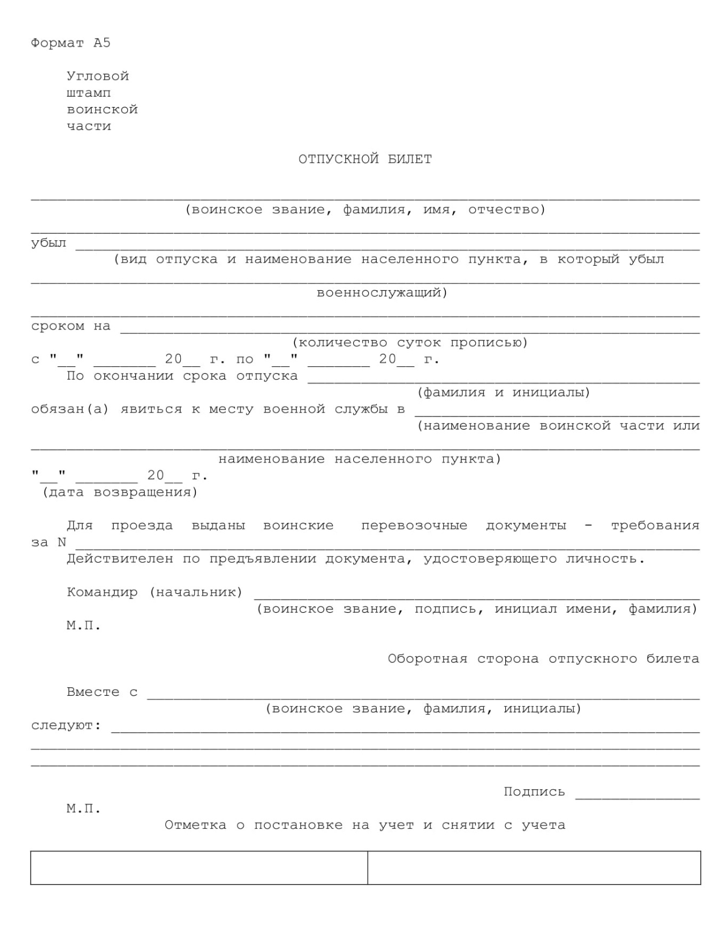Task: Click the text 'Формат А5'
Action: pos(70,43)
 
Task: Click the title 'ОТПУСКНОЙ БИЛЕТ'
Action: pos(365,160)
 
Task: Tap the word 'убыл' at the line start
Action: pos(48,243)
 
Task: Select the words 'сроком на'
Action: pos(70,326)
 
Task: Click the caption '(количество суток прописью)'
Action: pos(410,343)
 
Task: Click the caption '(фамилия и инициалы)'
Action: pos(504,393)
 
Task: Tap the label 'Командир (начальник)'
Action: pos(154,592)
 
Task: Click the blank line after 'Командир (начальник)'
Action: pos(477,597)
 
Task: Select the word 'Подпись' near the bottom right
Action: pos(534,792)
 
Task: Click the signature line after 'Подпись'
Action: pos(637,797)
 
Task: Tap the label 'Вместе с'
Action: pos(102,692)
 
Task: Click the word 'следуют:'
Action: pos(66,726)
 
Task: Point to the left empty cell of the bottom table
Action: pos(199,867)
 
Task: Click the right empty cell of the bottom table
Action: pos(534,867)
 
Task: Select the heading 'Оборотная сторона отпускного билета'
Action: pos(543,659)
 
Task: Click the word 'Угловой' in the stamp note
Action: pos(97,77)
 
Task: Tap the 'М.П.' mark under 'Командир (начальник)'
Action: pos(84,626)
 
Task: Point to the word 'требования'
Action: pos(655,526)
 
